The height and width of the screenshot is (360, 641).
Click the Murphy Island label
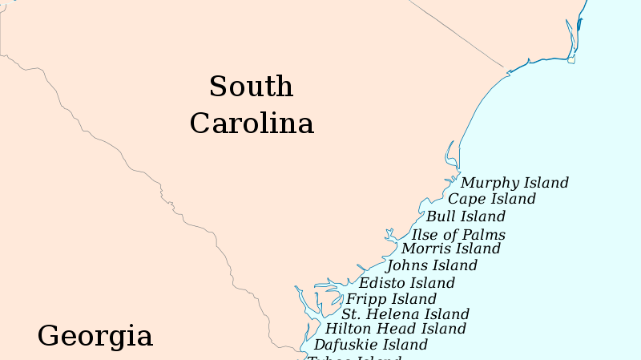[x=514, y=183]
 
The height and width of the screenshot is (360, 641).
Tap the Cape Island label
[x=492, y=199]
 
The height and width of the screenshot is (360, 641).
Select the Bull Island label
[x=466, y=216]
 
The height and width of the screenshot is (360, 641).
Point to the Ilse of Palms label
[x=458, y=234]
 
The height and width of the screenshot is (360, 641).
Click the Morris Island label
[x=451, y=249]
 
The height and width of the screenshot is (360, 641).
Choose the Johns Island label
[x=431, y=265]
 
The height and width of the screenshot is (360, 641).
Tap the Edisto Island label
[x=406, y=283]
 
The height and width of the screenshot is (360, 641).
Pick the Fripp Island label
[x=391, y=300]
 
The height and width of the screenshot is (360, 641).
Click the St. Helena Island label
[x=405, y=314]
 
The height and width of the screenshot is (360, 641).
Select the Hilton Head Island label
[x=395, y=329]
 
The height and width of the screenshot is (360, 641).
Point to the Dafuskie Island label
[x=370, y=345]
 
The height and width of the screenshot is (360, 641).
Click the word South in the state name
[x=251, y=87]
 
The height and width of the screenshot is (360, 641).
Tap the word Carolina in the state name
[x=252, y=123]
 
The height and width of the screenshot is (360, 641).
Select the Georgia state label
[x=95, y=336]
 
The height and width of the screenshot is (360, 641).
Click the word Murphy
[x=487, y=184]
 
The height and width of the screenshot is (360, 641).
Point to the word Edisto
[x=382, y=283]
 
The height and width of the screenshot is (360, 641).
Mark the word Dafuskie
[x=343, y=345]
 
